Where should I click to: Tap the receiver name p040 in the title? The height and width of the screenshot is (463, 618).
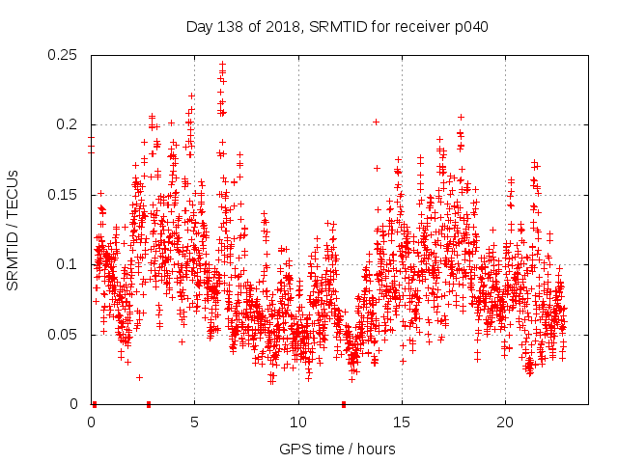(x=468, y=27)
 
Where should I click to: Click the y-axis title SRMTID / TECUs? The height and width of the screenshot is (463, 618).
(x=14, y=230)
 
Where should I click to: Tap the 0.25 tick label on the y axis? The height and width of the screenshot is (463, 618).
(x=65, y=55)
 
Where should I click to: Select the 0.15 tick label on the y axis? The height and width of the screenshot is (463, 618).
(x=65, y=195)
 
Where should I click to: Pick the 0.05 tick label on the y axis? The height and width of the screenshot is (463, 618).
(x=65, y=335)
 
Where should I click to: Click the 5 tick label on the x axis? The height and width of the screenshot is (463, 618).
(x=194, y=422)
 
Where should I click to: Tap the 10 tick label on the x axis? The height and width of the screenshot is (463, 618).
(x=298, y=422)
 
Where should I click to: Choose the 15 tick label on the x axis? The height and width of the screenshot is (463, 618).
(x=402, y=422)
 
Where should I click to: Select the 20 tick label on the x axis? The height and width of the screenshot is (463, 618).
(x=505, y=422)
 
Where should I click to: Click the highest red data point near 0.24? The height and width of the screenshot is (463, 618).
(x=222, y=65)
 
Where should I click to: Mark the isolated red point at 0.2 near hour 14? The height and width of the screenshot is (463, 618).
(x=376, y=122)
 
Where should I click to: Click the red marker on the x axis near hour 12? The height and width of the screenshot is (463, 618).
(x=344, y=404)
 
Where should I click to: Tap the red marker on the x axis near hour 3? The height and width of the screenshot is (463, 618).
(x=148, y=404)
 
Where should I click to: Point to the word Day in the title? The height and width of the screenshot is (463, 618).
(x=197, y=27)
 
